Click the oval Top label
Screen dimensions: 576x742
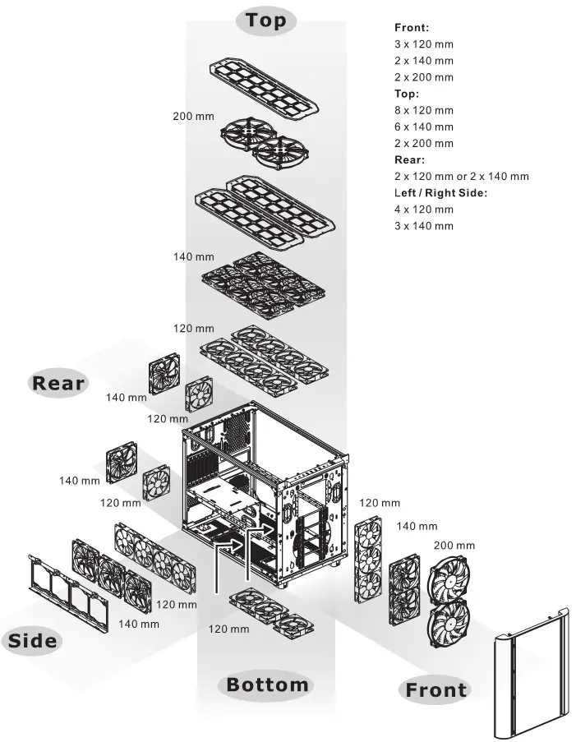266,21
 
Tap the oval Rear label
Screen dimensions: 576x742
58,383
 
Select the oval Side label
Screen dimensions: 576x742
33,640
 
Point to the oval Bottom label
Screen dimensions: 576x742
267,684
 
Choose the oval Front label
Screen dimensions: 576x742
436,689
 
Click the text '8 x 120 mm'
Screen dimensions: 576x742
424,110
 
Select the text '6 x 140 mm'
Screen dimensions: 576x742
424,127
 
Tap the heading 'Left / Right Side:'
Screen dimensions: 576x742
440,192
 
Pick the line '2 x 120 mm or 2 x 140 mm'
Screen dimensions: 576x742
462,177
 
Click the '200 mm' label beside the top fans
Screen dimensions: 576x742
193,117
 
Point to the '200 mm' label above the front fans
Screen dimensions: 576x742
454,545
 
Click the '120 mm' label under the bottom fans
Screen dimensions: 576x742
228,629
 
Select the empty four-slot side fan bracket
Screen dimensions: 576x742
69,593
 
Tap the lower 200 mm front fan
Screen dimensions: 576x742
449,622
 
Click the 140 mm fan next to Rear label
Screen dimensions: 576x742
164,373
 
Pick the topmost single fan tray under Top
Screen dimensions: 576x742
263,88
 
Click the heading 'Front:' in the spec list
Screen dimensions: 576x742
412,27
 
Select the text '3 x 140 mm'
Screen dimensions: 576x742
424,226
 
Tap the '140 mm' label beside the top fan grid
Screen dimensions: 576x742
194,257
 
